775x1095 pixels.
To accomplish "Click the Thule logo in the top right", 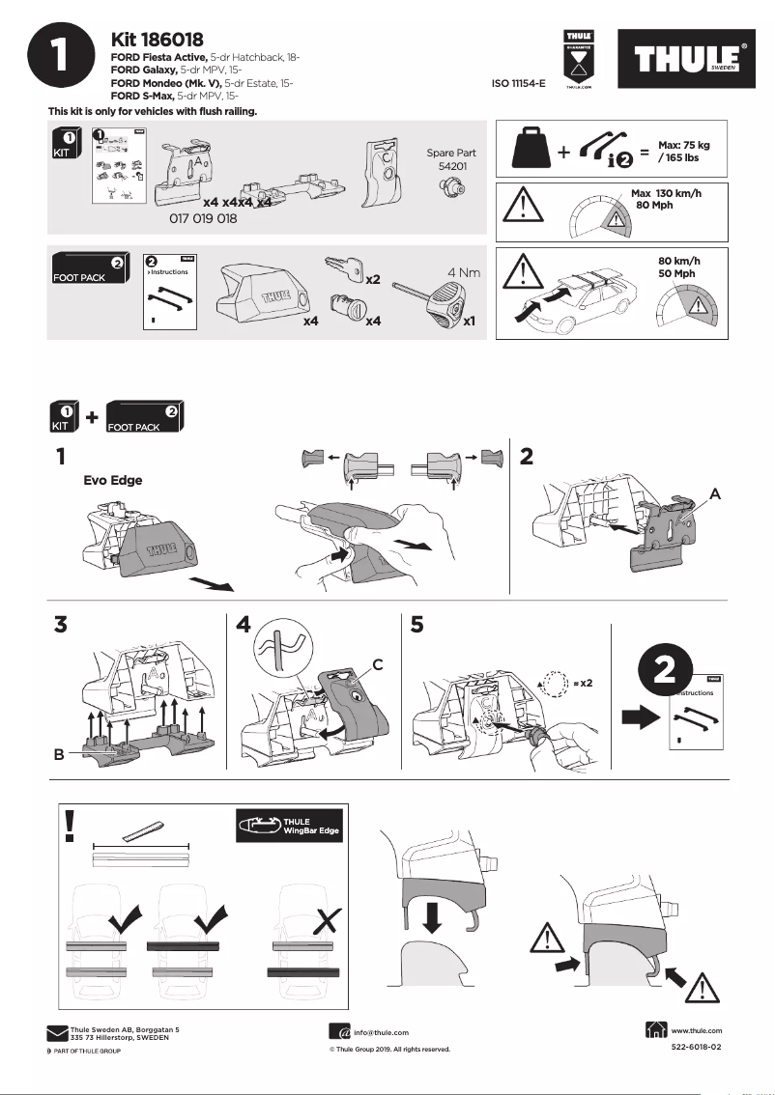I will point(690,59).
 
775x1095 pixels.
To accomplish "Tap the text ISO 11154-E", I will point(518,84).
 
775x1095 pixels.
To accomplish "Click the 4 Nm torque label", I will point(464,272).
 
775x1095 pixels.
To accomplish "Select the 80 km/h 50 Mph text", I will point(677,267).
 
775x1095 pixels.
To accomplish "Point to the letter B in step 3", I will point(60,758).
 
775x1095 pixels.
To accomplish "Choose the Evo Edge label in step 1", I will point(113,480).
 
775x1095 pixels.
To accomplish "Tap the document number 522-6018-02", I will point(696,1048).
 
